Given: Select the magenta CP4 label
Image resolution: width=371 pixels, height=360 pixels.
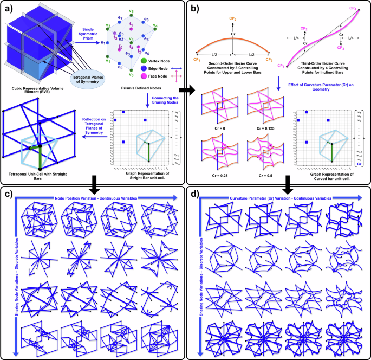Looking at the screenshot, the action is click(353, 8).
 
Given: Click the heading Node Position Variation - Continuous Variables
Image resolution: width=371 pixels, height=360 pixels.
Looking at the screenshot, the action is click(96, 198).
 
